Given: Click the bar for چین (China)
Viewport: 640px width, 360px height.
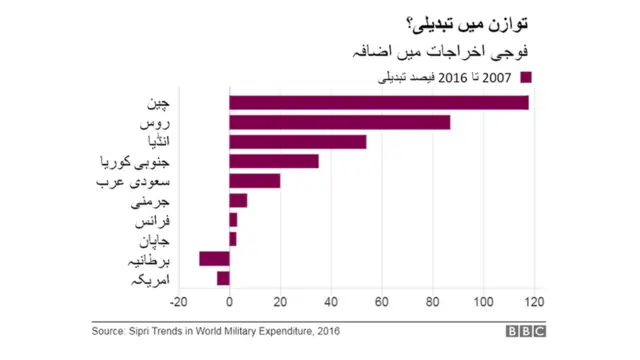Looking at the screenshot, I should click(378, 103).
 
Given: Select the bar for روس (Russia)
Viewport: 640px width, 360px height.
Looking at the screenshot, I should click(339, 122).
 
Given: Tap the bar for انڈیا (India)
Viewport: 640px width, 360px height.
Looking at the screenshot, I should click(297, 142).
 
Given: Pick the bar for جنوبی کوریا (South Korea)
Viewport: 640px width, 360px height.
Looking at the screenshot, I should click(273, 161).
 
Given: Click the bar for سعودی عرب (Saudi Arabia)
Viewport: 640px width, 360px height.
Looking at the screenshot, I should click(254, 181).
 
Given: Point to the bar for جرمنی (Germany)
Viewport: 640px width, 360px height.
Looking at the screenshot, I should click(238, 200).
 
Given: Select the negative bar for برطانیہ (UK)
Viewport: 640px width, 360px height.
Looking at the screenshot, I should click(214, 259).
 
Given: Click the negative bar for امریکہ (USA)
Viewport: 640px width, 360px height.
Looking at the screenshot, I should click(223, 278).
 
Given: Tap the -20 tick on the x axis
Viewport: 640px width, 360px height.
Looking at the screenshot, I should click(179, 303).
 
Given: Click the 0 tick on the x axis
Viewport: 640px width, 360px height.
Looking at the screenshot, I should click(229, 303).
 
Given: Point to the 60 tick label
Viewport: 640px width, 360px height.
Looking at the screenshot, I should click(381, 303).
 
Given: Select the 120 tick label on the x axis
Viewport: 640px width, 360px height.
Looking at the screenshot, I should click(533, 303).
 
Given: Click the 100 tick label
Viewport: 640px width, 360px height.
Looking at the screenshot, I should click(482, 303).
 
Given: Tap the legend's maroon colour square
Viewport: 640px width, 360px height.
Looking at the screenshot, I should click(526, 77).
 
